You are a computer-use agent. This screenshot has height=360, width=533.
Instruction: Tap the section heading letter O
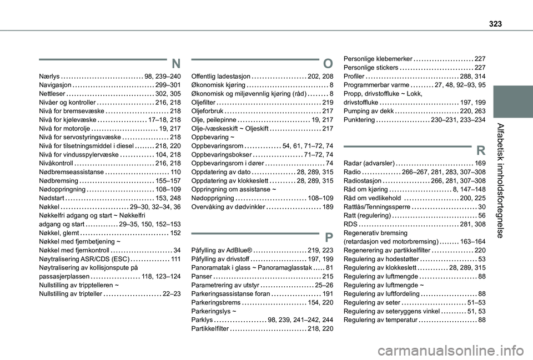coord(328,63)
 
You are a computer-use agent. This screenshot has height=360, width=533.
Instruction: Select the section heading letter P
coord(329,237)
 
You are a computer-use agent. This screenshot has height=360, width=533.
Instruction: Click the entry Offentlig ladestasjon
coord(220,77)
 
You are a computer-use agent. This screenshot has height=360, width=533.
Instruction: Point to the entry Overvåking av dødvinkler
coord(227,206)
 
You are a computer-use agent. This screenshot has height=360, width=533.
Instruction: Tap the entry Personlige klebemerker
coord(378,59)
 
